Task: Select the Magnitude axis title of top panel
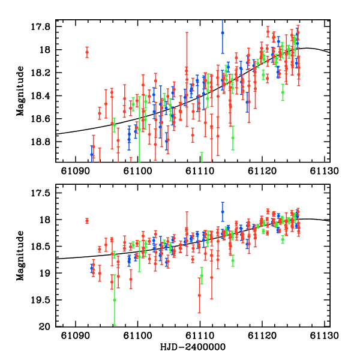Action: (20, 92)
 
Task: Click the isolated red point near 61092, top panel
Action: (87, 52)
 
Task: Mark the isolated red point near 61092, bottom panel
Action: (87, 221)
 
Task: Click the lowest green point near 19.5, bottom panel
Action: (115, 300)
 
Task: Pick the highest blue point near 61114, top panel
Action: (223, 33)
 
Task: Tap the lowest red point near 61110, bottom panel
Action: (199, 295)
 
